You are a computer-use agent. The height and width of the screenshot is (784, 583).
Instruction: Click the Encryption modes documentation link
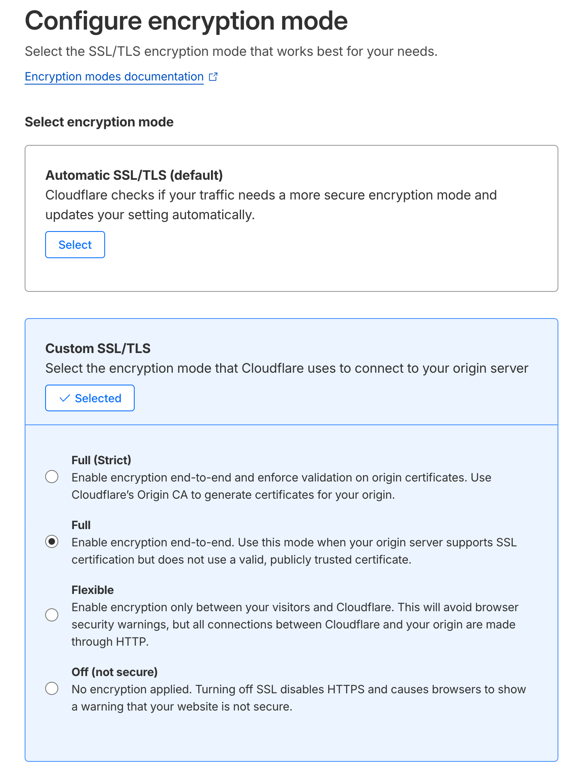click(114, 77)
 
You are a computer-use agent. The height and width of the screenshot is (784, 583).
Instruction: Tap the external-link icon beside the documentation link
click(213, 77)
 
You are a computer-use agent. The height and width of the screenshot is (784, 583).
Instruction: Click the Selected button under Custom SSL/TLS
click(90, 398)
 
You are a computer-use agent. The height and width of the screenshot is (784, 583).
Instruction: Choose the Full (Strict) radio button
click(52, 477)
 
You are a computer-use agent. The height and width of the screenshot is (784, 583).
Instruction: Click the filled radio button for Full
click(52, 542)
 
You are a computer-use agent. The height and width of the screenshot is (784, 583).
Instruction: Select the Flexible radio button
click(52, 615)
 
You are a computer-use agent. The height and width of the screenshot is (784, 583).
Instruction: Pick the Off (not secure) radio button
click(52, 688)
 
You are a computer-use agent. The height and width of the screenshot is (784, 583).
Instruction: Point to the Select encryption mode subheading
click(99, 122)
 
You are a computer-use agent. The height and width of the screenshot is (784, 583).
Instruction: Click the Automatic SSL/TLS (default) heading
click(134, 175)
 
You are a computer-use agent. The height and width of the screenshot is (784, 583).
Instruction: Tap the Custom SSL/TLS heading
click(98, 348)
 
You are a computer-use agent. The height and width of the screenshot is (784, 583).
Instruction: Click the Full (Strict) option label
click(101, 460)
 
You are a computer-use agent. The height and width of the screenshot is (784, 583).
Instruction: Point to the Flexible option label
click(92, 590)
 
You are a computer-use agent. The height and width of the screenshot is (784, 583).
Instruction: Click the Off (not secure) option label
click(115, 672)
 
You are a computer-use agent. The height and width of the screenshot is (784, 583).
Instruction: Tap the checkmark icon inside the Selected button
click(65, 398)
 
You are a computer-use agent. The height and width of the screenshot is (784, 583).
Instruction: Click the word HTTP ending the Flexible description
click(131, 642)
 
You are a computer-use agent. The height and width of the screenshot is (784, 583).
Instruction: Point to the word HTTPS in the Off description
click(346, 689)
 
